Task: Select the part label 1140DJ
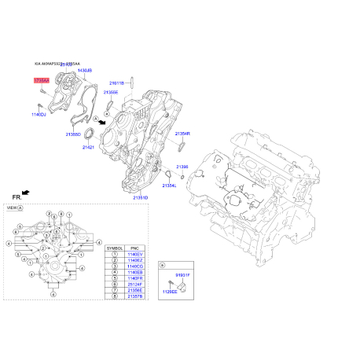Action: coord(39,115)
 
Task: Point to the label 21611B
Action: coord(117,82)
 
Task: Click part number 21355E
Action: coord(111,92)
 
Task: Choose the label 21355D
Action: coord(73,134)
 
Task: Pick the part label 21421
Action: coord(89,147)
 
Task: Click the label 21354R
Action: coord(182,134)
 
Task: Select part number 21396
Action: coord(182,167)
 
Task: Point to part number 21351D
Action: coord(140,197)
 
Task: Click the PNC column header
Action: coord(134,248)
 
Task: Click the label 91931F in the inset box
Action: coord(182,275)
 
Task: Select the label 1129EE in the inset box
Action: coord(169,291)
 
